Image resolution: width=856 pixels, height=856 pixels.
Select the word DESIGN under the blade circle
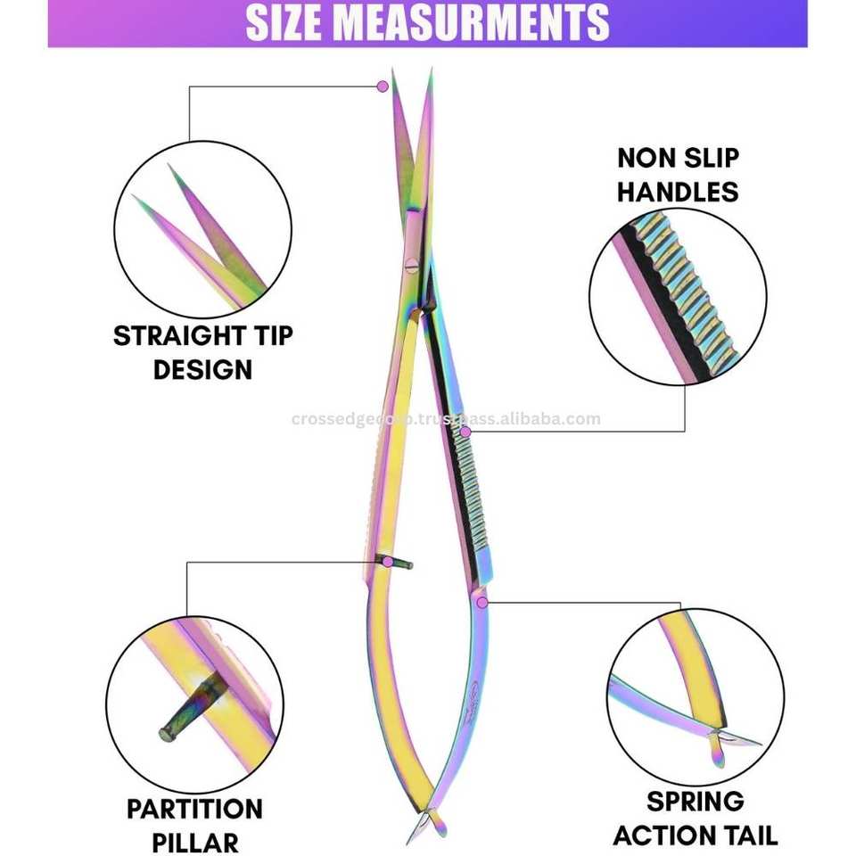[202, 369]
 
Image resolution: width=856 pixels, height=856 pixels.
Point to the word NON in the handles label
[645, 159]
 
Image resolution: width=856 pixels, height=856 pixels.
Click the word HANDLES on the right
[678, 191]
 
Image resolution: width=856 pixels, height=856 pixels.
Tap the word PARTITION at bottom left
[194, 810]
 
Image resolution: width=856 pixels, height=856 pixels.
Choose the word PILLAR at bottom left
[194, 842]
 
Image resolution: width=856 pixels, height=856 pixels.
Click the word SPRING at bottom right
[695, 802]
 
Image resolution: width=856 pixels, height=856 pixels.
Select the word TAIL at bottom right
[745, 835]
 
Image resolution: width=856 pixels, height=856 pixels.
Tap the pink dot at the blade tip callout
[383, 86]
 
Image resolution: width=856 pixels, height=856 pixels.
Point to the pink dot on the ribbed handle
[464, 432]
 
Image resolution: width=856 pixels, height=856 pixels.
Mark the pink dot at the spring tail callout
[482, 602]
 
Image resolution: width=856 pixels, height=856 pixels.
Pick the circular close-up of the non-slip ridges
[677, 296]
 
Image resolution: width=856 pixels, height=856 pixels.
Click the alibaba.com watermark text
[446, 419]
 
